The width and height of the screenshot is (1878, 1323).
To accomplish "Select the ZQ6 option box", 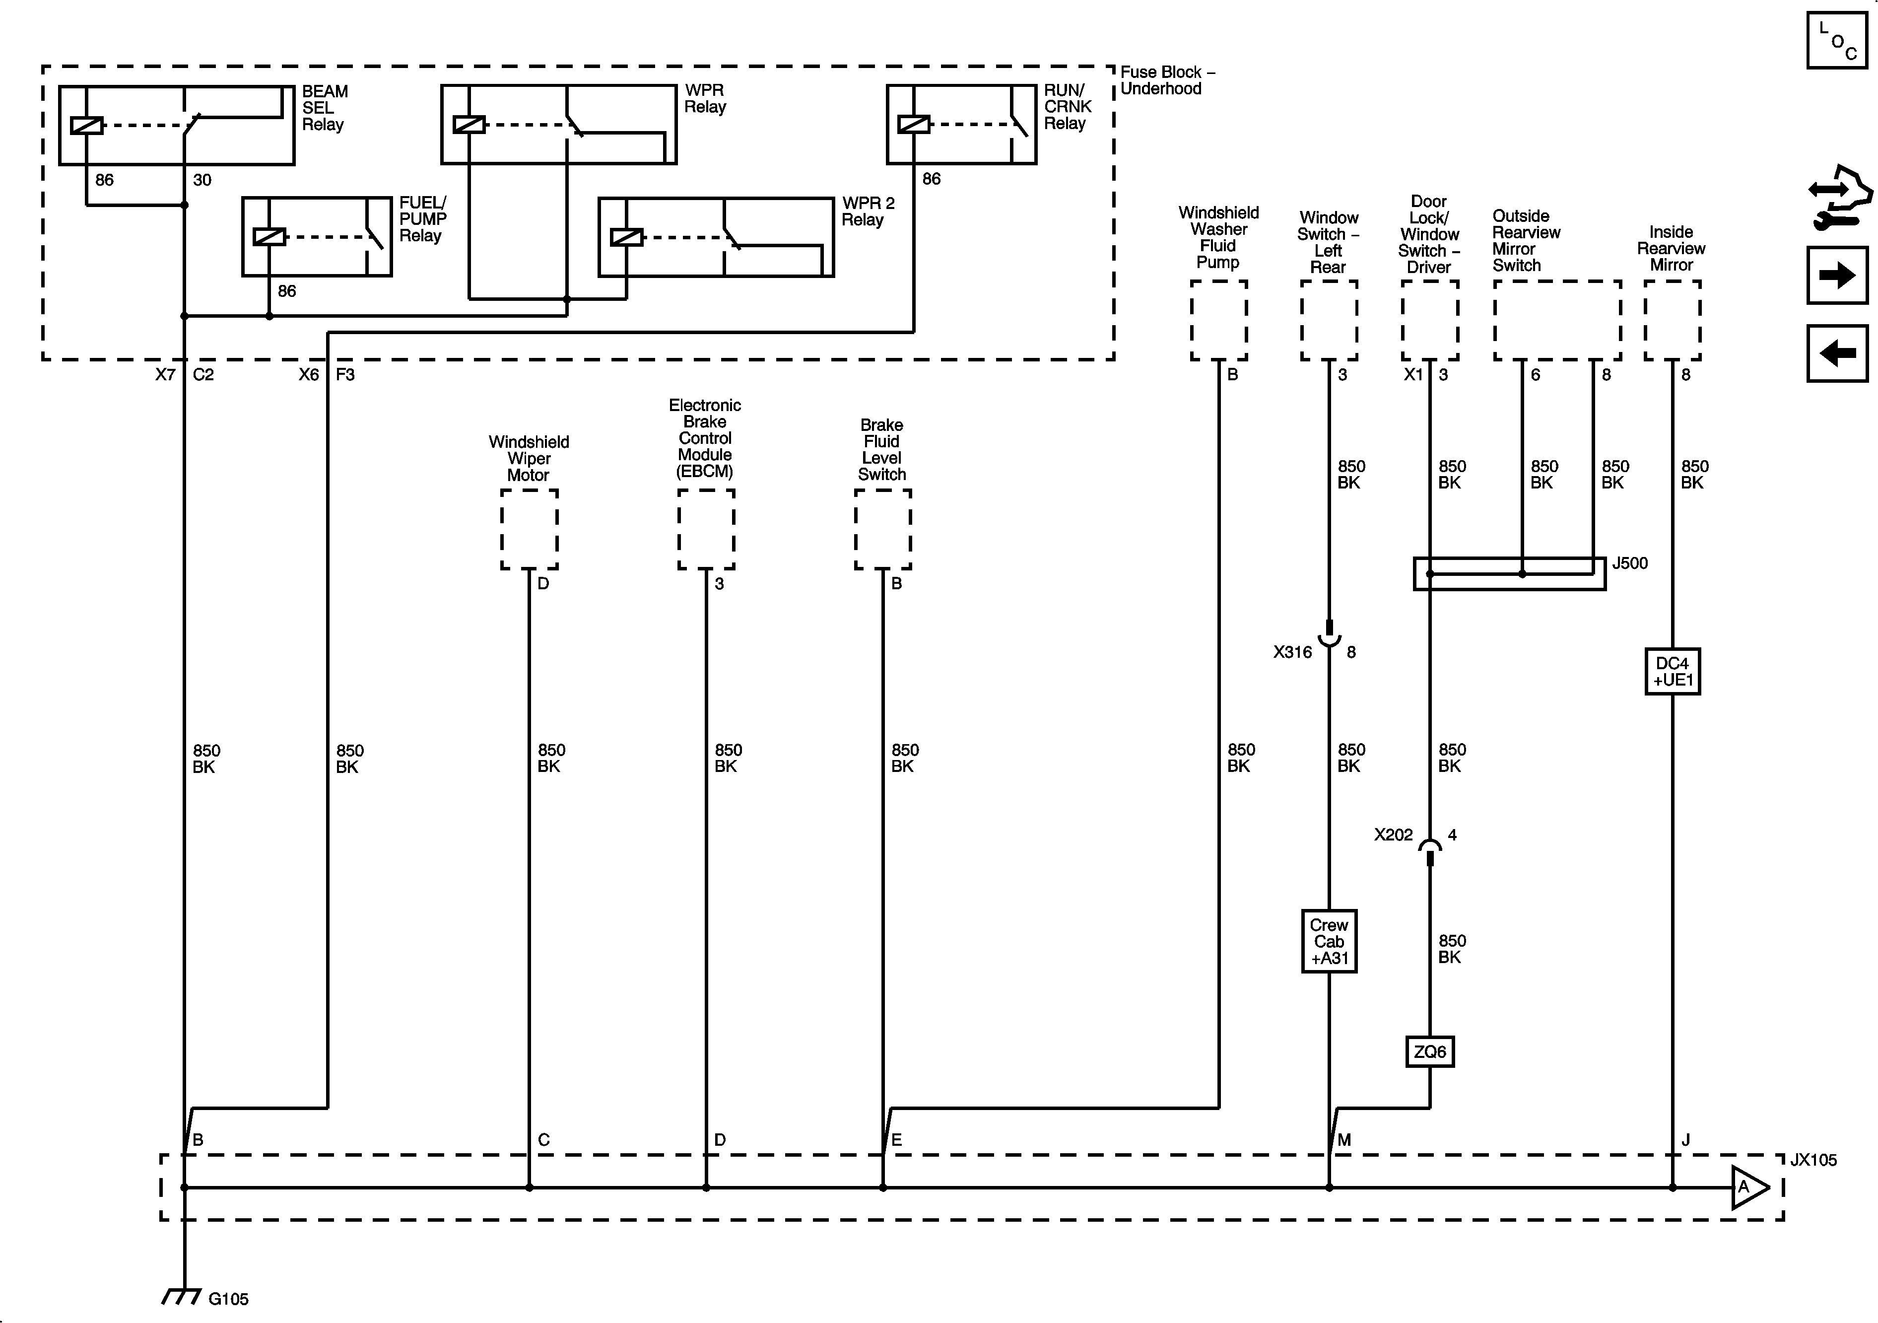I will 1430,1051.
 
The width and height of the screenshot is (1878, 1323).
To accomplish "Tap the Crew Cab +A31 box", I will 1329,941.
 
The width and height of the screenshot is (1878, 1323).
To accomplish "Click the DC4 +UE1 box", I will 1673,672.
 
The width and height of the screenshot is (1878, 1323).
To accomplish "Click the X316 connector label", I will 1292,652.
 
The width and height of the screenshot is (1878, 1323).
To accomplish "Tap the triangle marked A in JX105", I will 1747,1187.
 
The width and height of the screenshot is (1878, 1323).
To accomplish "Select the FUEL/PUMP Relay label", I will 422,219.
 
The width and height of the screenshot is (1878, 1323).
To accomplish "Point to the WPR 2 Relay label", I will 868,211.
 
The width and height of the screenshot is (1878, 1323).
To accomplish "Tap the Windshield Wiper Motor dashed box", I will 529,529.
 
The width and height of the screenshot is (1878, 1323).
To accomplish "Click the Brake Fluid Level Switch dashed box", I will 882,529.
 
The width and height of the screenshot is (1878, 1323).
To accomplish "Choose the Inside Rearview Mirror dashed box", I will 1673,320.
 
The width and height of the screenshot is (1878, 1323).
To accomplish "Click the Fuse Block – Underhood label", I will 1167,80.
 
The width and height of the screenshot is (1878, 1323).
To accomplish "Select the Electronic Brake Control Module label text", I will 704,438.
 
